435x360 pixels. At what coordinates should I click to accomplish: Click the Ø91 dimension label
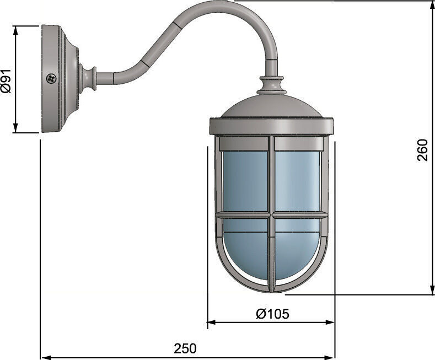[x=7, y=80]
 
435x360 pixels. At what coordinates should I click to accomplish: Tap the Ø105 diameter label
[x=272, y=314]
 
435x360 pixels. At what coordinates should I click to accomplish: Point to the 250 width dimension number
[x=185, y=348]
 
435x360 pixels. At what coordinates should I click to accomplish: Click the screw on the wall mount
[x=51, y=78]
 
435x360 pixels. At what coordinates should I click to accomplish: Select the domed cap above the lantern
[x=271, y=105]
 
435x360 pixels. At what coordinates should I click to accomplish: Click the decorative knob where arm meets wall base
[x=88, y=79]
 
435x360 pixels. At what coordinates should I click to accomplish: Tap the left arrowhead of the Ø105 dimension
[x=212, y=323]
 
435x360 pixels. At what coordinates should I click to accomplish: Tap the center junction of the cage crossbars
[x=271, y=215]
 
